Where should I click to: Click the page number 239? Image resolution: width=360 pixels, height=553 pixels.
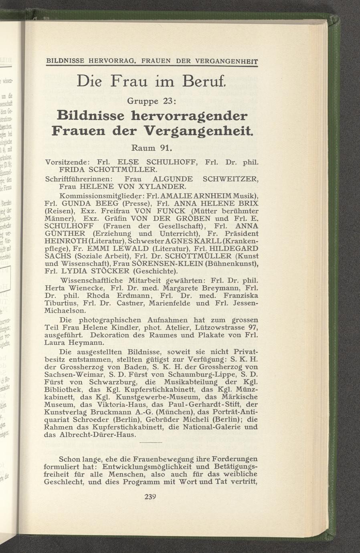[150, 497]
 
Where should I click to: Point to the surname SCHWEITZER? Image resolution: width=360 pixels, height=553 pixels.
[230, 179]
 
